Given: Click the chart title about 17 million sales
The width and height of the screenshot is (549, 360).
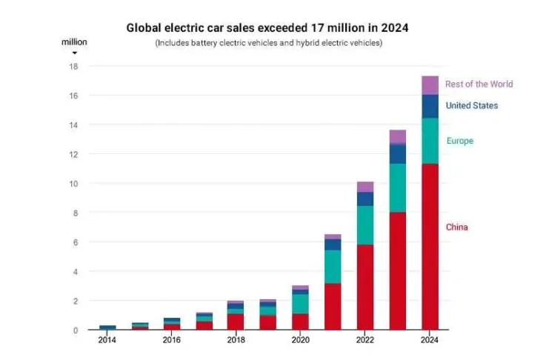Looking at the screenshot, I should coord(267,28).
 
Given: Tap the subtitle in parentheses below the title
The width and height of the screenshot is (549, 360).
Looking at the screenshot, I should coord(268,44).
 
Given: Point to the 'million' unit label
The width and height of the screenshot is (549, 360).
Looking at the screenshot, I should coord(74,42).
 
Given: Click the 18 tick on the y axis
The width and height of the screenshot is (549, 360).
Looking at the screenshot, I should coord(73,67).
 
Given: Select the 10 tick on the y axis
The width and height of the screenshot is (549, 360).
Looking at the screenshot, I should coord(73,184).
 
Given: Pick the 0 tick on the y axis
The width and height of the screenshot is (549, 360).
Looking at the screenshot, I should coord(76,330).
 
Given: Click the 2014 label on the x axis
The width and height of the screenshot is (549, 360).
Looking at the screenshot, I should coord(107,340).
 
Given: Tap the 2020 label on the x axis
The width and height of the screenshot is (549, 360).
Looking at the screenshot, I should coord(300,340).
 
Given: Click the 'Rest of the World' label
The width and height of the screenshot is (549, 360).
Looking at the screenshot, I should coord(479,84).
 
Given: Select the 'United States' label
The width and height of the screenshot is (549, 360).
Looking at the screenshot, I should coord(471,106).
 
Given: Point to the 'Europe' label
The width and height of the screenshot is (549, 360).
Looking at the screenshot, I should coord(459,141).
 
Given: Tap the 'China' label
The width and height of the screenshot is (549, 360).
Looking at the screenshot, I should coord(456,227).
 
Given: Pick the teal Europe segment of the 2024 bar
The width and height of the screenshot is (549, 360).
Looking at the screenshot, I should coord(430,141).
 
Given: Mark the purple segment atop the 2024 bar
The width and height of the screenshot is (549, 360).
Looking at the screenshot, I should coord(430,85).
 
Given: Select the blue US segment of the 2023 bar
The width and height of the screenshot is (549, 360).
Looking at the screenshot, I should coord(397,153).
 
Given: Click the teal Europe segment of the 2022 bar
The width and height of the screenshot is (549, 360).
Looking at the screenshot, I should coord(365,225).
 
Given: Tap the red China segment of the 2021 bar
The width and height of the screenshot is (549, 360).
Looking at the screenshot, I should coord(333,307).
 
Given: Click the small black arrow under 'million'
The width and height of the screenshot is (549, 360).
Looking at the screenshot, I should coord(74,53).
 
